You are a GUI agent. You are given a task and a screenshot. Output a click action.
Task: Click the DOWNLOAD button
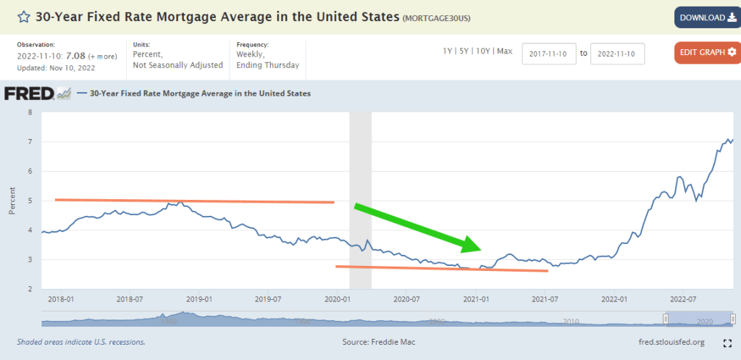[706, 17]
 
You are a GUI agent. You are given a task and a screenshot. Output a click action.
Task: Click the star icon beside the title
[24, 17]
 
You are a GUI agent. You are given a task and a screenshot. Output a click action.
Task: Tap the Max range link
[505, 51]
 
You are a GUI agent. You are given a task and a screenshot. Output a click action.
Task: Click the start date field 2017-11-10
[548, 54]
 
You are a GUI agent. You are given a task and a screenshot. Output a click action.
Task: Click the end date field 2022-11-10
[617, 54]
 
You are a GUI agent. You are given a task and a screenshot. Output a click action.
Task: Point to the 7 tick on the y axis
[30, 142]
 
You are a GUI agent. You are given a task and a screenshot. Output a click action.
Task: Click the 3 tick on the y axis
[30, 260]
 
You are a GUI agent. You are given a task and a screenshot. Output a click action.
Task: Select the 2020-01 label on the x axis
[338, 298]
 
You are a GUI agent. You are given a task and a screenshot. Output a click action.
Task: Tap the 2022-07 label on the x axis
[682, 298]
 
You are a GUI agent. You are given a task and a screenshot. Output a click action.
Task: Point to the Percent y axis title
[12, 201]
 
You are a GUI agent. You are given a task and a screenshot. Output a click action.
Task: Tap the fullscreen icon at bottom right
[727, 343]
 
